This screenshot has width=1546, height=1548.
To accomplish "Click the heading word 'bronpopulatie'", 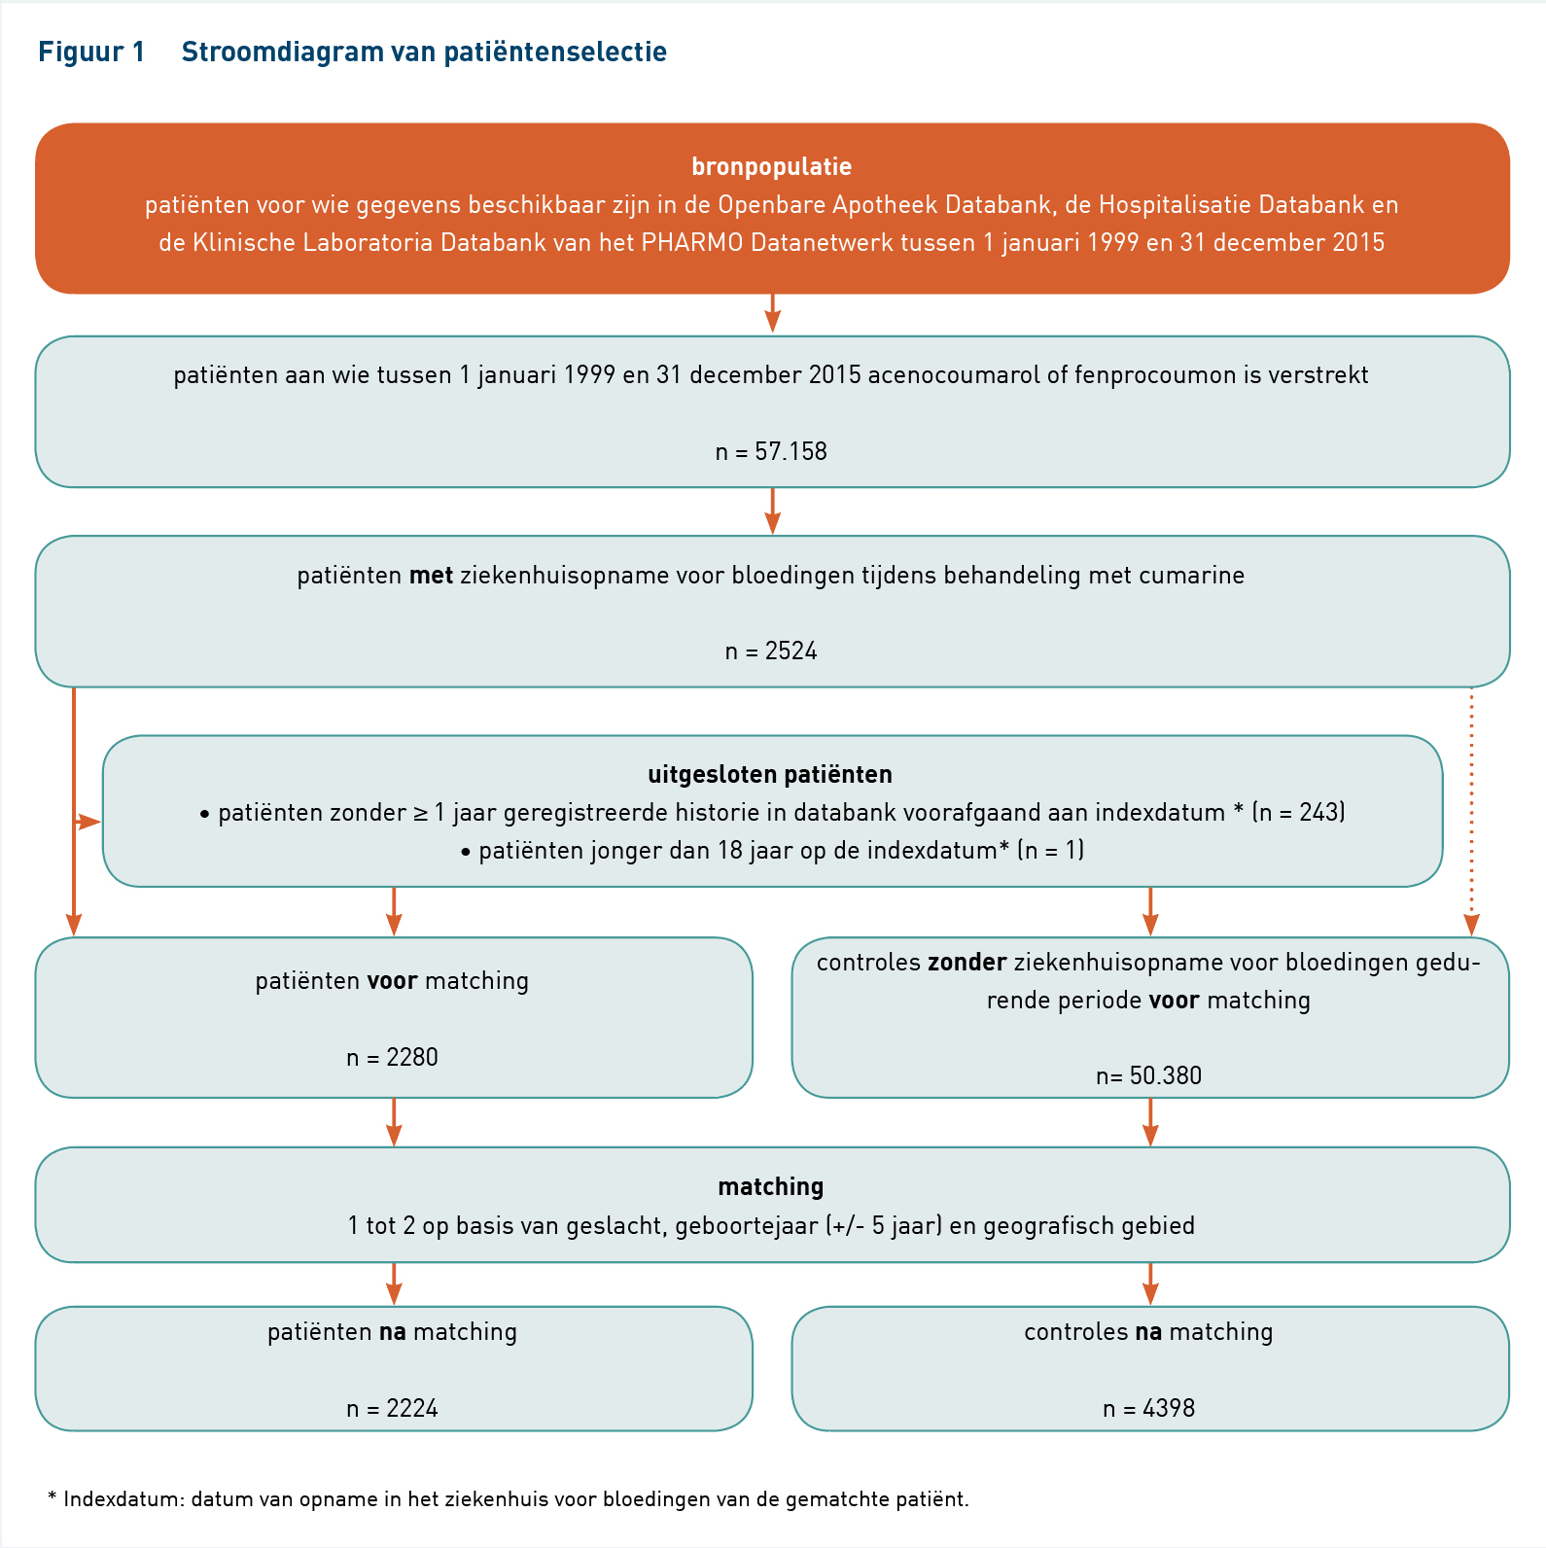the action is [771, 167].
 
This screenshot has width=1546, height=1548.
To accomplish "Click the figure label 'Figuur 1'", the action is [91, 52].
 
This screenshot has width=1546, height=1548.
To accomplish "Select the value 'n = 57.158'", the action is [771, 451].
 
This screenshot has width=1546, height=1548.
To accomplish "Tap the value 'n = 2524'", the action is [771, 651].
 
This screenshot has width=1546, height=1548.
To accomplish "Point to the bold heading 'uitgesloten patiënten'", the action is [770, 774].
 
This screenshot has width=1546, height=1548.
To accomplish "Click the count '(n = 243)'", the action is [1299, 812].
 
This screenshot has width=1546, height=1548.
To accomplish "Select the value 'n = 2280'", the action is [392, 1057].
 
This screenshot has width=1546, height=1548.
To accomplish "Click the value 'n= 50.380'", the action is [1148, 1075].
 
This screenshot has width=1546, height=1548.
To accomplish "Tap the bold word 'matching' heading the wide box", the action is [771, 1186].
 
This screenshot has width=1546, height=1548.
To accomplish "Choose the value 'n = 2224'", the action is [392, 1408].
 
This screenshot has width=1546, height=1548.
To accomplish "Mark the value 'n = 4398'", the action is [1148, 1408].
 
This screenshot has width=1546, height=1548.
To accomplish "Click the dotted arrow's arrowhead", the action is [1471, 926].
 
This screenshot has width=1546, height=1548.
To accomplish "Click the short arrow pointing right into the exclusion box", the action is [88, 823].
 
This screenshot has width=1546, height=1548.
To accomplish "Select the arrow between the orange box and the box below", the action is [772, 313].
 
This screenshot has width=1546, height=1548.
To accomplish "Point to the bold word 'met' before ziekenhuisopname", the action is [431, 575].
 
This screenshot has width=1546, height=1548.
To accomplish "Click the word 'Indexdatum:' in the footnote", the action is [123, 1498].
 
